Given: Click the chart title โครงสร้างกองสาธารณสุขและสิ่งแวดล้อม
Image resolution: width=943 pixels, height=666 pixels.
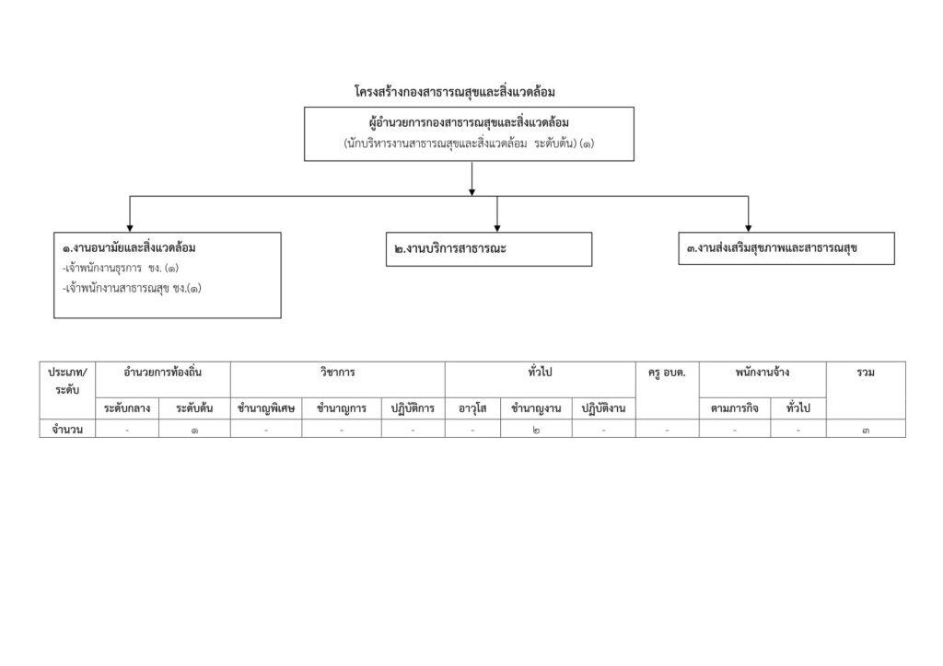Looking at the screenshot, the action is pyautogui.click(x=455, y=92).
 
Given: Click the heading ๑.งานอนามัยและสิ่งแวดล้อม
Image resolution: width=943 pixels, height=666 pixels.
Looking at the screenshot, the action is pyautogui.click(x=129, y=248).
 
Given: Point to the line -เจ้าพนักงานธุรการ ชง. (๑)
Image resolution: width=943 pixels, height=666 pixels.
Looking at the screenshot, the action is pyautogui.click(x=121, y=269).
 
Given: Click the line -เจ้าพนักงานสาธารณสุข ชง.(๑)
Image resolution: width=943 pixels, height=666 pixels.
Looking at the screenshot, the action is pyautogui.click(x=132, y=289).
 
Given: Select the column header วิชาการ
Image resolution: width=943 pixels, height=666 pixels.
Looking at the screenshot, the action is pyautogui.click(x=337, y=373).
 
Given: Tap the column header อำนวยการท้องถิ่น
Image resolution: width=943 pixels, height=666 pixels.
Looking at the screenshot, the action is pyautogui.click(x=162, y=373).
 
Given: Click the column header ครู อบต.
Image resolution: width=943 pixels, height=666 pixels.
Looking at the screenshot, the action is pyautogui.click(x=667, y=373).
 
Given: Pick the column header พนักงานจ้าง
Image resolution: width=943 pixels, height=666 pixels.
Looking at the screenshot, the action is pyautogui.click(x=762, y=373).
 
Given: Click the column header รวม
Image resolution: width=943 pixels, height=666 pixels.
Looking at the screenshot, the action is pyautogui.click(x=866, y=373).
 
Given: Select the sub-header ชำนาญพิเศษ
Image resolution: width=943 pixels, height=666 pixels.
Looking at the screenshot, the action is pyautogui.click(x=266, y=408).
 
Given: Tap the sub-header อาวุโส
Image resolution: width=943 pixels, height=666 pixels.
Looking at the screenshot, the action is pyautogui.click(x=472, y=408).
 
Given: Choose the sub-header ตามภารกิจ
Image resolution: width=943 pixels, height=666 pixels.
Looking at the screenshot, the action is pyautogui.click(x=734, y=408).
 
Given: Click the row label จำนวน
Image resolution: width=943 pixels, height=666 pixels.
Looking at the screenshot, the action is pyautogui.click(x=67, y=430).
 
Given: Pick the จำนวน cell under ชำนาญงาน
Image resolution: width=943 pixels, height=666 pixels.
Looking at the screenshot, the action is pyautogui.click(x=536, y=430).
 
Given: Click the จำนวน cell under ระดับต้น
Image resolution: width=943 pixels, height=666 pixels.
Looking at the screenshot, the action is pyautogui.click(x=194, y=430).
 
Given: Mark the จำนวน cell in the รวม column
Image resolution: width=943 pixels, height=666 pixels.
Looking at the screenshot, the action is pyautogui.click(x=866, y=430).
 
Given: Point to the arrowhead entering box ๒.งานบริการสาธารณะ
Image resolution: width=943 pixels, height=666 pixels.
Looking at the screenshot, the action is pyautogui.click(x=497, y=228).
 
